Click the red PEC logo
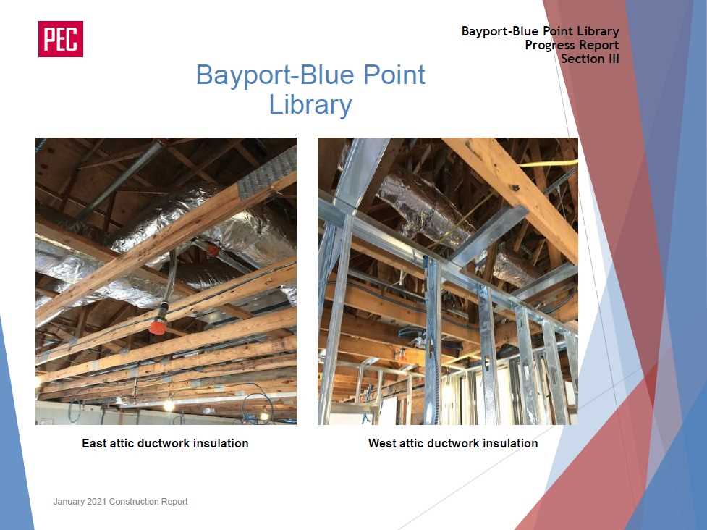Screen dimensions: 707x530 (x=60, y=39)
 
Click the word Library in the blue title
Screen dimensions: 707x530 (x=310, y=105)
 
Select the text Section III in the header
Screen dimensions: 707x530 (x=590, y=59)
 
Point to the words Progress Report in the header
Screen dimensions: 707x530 (x=572, y=45)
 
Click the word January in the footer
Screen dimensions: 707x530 (x=69, y=502)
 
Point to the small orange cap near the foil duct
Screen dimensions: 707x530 (x=213, y=248)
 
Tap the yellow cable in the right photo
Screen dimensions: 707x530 (x=549, y=164)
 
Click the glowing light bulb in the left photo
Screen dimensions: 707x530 (x=169, y=406)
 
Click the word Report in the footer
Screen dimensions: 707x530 (x=175, y=502)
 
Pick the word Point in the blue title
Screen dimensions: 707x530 (x=394, y=75)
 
